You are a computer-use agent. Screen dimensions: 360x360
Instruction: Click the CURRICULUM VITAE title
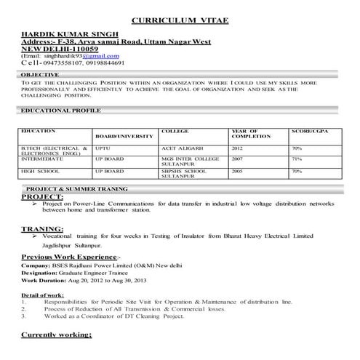180,21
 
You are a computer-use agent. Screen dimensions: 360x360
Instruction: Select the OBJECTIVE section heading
41,75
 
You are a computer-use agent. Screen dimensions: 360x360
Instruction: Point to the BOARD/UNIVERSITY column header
124,136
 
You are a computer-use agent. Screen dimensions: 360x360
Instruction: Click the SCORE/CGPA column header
311,130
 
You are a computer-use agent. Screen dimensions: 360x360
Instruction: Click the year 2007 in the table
237,158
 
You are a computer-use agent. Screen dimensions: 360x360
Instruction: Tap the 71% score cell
296,158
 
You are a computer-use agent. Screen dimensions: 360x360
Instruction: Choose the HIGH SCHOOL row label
40,171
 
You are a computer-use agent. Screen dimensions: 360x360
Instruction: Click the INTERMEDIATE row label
42,158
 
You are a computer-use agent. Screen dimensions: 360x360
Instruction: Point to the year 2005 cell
237,171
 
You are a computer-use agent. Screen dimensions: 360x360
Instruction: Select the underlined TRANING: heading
41,228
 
